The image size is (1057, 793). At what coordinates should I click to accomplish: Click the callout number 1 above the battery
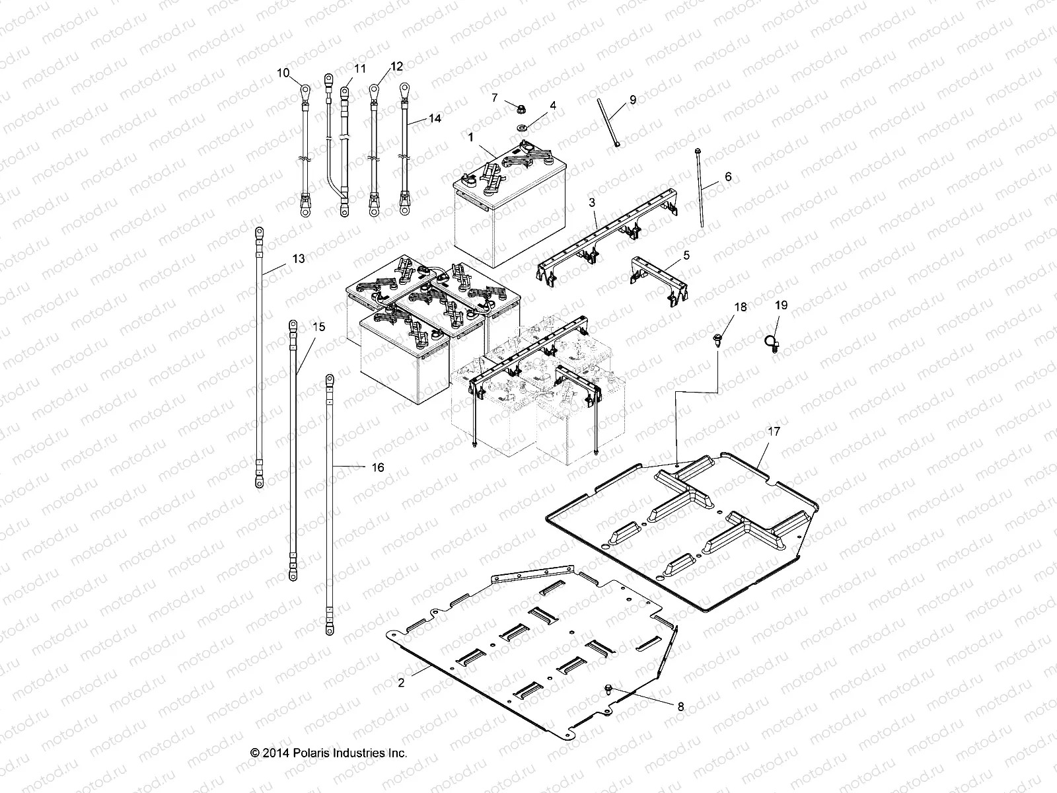pyautogui.click(x=470, y=137)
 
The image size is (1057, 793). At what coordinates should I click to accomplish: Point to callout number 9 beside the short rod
pyautogui.click(x=633, y=100)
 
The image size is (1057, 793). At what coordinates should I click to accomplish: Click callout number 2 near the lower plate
pyautogui.click(x=401, y=683)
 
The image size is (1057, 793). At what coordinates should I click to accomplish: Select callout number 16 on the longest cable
pyautogui.click(x=377, y=467)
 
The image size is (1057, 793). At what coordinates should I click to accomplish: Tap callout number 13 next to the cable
pyautogui.click(x=299, y=258)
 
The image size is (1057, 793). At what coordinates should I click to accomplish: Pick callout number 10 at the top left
pyautogui.click(x=283, y=73)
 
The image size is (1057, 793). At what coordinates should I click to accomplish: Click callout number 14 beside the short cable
pyautogui.click(x=434, y=119)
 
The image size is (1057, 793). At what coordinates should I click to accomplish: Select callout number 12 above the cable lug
pyautogui.click(x=396, y=66)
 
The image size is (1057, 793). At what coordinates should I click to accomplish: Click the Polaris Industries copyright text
pyautogui.click(x=328, y=753)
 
